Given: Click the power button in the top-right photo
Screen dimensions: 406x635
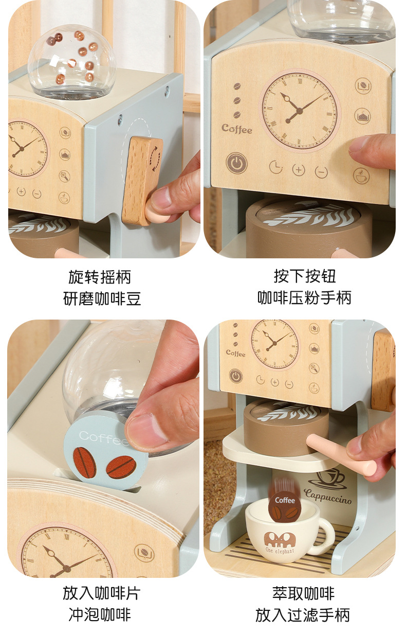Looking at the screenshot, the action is [236, 163].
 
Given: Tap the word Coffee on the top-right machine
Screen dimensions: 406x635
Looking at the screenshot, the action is [237, 129].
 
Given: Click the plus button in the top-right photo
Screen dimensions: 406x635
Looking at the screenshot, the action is [299, 170].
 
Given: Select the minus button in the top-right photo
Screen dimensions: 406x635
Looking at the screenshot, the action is [321, 172].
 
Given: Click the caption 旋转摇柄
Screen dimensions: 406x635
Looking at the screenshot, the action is [100, 277].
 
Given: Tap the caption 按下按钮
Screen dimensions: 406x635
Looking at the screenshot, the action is [305, 276].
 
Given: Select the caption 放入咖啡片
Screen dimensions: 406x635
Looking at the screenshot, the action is [102, 593].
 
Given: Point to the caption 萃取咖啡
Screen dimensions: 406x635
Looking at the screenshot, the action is [304, 593].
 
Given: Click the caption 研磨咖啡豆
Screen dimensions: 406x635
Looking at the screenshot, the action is [102, 298].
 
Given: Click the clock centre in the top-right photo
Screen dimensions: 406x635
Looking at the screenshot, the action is [299, 111].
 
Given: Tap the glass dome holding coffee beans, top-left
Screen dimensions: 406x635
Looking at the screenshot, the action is [72, 62].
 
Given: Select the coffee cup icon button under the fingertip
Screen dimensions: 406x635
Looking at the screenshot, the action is [361, 176].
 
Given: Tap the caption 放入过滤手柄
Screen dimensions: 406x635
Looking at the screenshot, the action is [303, 615].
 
